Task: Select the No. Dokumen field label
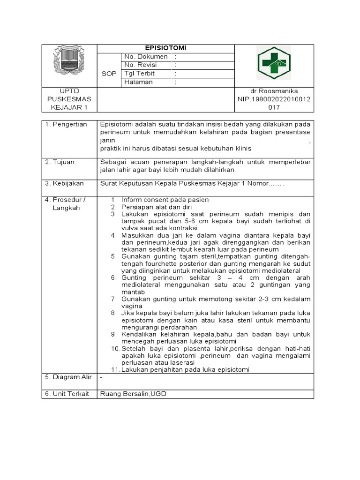click(146, 57)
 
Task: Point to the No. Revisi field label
click(140, 65)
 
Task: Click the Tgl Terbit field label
click(139, 74)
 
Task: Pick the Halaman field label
click(138, 82)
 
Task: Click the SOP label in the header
click(109, 74)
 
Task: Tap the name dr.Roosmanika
click(274, 91)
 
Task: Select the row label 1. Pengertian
click(66, 124)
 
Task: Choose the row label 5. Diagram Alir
click(68, 377)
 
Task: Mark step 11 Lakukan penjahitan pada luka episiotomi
click(185, 369)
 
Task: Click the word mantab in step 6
click(133, 292)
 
